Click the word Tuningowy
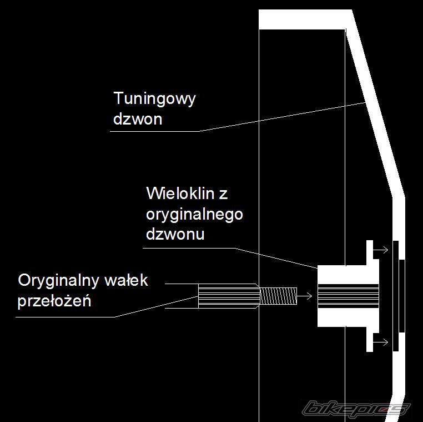pos(154,100)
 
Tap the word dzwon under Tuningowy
pos(137,119)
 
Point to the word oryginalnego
pos(194,215)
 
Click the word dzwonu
pos(175,234)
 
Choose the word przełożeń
pos(54,302)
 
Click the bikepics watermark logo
pos(356,409)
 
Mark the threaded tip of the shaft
pos(278,295)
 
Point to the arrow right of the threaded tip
pos(304,295)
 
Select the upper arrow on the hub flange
pos(381,251)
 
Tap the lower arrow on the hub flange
pos(381,342)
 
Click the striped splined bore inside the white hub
pos(348,296)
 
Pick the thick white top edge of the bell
pos(304,19)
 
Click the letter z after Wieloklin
pos(223,195)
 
